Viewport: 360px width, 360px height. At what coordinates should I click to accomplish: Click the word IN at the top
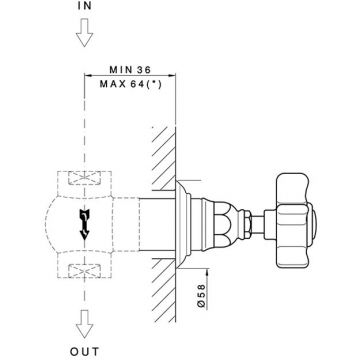coord(84,6)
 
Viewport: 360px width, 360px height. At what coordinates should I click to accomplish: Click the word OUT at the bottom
coord(85,351)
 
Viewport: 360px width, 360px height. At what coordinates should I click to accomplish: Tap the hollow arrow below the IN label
coord(84,32)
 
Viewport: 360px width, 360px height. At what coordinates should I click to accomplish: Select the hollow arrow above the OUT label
coord(84,324)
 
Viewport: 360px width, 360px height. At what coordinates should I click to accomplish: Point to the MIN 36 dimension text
coord(130,70)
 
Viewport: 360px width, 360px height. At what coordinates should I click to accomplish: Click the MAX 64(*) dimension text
coord(130,84)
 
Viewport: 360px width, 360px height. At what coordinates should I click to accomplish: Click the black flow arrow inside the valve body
coord(84,225)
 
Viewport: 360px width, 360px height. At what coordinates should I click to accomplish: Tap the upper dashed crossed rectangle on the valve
coord(84,178)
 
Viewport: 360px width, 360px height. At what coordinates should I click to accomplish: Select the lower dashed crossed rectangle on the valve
coord(84,270)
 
